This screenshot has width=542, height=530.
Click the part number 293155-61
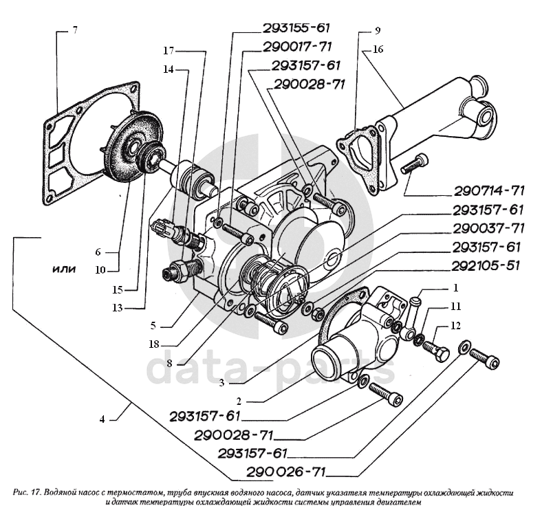296,28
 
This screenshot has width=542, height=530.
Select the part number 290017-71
296,47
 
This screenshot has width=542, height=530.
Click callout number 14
168,69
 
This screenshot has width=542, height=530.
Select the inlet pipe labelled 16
440,124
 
